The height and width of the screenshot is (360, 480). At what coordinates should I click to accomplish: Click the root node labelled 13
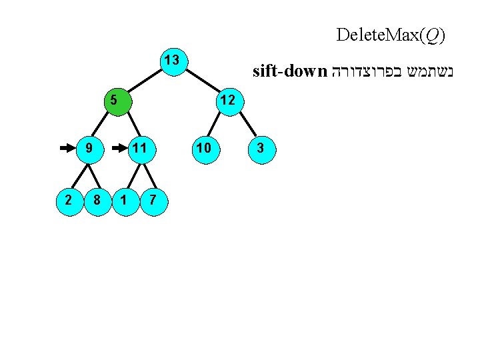tap(171, 61)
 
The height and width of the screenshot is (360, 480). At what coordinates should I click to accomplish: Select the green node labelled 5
tap(115, 101)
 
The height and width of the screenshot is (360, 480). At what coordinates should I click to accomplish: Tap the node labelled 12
tap(227, 101)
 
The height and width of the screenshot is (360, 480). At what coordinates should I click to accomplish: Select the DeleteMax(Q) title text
tap(391, 35)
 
